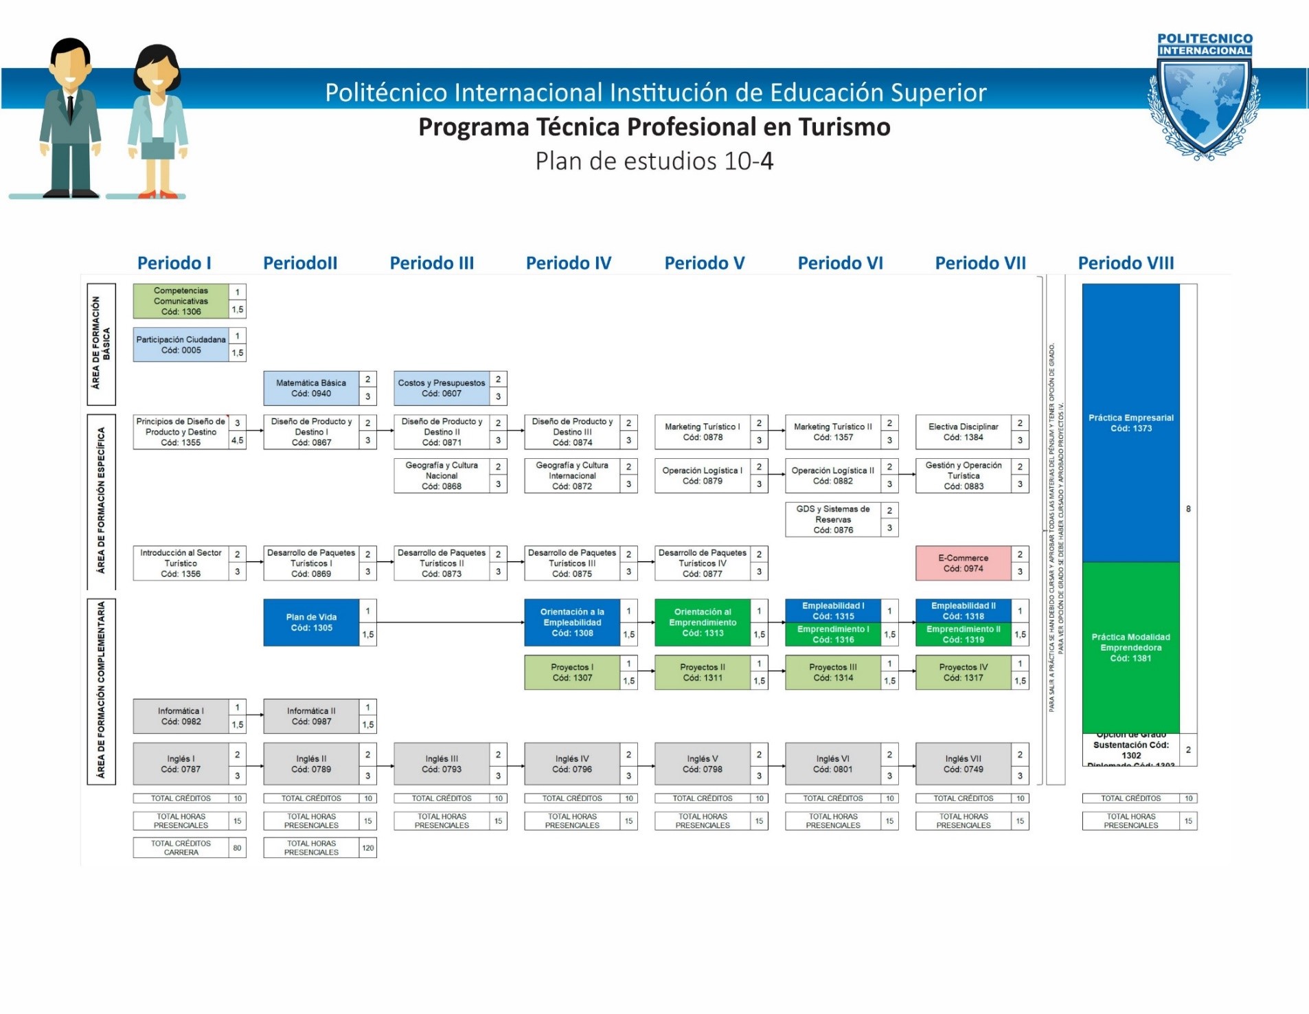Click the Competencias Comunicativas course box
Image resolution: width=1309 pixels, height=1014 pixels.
pos(181,301)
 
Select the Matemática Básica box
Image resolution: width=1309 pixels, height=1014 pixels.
pos(311,388)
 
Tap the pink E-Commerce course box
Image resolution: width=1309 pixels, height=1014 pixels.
pos(963,563)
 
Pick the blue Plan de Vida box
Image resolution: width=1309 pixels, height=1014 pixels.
pos(311,622)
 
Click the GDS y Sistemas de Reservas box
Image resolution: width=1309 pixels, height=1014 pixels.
pos(832,519)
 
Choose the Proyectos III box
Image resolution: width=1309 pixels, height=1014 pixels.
pos(832,673)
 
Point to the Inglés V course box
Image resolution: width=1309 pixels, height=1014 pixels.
pos(702,764)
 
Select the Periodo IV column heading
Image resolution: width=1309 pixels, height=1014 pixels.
pos(568,263)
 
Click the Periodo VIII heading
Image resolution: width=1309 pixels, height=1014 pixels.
pos(1126,263)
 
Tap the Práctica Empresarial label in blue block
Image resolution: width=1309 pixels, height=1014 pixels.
pos(1130,423)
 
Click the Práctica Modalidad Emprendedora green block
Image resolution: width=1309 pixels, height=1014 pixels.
pos(1130,647)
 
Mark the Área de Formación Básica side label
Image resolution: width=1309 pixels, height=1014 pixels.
pos(101,343)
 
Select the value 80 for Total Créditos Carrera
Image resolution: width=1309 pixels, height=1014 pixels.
pos(237,848)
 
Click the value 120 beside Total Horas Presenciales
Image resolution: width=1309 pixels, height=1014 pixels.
pos(368,848)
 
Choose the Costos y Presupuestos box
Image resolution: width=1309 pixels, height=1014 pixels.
pos(442,388)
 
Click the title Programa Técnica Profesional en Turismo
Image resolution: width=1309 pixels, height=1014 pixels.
pos(654,127)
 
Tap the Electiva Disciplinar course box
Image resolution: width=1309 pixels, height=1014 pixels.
pos(963,432)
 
